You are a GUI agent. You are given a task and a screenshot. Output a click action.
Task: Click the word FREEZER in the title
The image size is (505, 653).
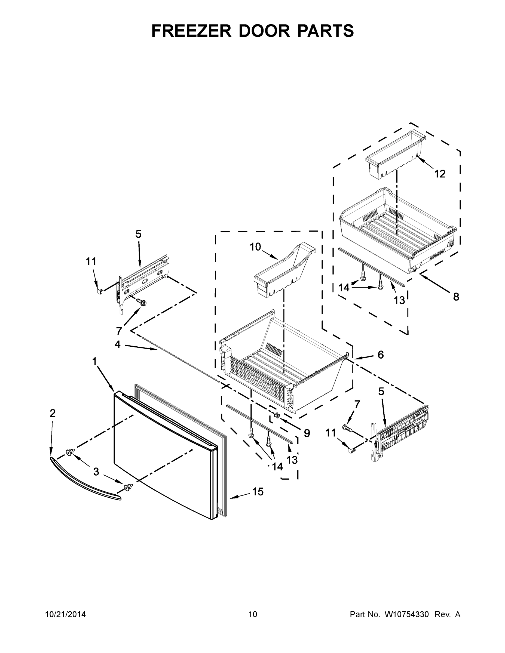191,31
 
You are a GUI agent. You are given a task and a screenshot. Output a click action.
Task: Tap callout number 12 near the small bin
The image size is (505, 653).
440,174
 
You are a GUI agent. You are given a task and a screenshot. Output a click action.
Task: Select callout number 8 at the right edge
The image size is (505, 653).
456,297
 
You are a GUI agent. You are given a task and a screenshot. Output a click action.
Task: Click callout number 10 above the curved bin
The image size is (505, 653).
255,247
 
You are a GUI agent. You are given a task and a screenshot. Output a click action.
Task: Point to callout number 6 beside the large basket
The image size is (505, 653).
381,355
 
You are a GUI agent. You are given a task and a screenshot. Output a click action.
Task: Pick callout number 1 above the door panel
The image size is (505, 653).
94,362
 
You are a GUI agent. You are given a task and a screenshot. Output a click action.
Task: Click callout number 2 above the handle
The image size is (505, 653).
53,414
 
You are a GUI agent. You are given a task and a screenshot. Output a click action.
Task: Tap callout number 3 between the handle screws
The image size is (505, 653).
96,472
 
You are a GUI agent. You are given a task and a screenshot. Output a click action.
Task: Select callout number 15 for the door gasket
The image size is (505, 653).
258,492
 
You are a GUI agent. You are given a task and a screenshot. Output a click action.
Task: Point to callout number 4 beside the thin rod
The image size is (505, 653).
118,345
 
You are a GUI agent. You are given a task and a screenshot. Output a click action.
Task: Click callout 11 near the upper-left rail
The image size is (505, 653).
91,262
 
